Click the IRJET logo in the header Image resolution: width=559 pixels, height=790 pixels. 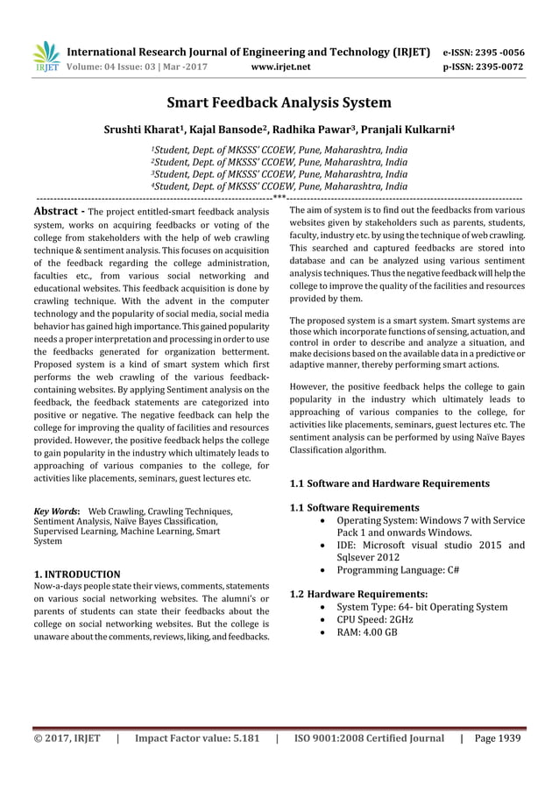tap(46, 57)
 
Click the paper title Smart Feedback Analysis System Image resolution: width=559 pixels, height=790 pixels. tap(279, 103)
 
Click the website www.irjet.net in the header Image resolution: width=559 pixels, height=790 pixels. tap(280, 65)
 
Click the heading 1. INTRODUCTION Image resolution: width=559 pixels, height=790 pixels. tap(76, 574)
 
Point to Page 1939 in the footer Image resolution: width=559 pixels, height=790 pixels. tap(498, 737)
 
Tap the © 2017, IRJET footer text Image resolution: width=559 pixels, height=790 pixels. tap(67, 737)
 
